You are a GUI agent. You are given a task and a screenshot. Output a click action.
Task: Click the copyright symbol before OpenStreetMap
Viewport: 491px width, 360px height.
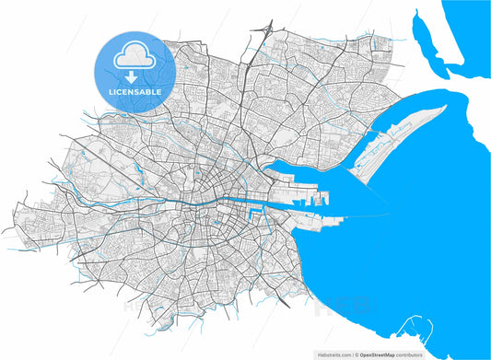click(x=356, y=354)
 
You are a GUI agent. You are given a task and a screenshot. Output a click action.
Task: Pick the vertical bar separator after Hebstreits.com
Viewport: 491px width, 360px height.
click(x=351, y=354)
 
